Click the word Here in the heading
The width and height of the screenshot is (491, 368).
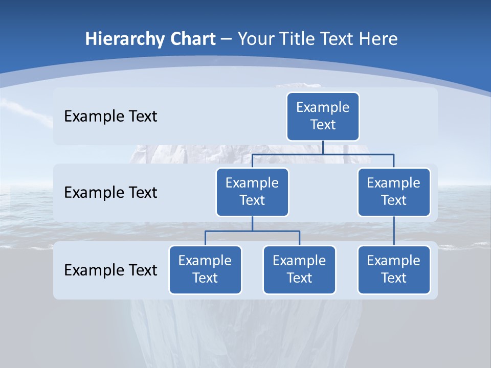tap(377, 39)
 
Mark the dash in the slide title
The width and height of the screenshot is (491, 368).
tap(227, 39)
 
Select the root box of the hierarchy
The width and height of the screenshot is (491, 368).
tap(323, 117)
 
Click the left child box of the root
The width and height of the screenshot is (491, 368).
tap(252, 192)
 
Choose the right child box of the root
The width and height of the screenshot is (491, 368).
tap(394, 192)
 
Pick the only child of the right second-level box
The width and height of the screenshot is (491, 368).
tap(394, 270)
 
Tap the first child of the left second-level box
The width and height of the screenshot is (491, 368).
tap(205, 270)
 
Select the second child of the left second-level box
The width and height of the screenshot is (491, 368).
tap(299, 270)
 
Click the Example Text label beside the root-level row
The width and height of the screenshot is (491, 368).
tap(110, 117)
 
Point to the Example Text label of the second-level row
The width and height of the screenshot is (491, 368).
tap(110, 193)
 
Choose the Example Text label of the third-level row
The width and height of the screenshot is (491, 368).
tap(110, 270)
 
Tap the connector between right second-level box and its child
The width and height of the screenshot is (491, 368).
tap(394, 231)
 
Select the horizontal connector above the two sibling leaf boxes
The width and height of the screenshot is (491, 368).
tap(252, 231)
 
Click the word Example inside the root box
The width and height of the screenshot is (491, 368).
tap(323, 108)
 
